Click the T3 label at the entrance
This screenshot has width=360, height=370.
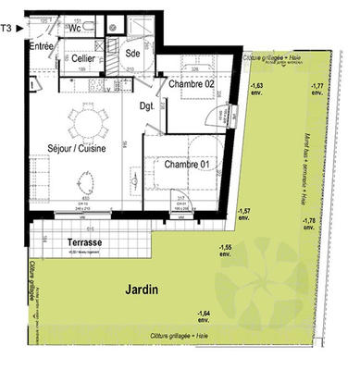7,29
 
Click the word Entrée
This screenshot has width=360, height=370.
41,46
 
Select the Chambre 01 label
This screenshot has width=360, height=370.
188,166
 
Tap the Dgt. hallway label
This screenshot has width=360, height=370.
147,105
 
